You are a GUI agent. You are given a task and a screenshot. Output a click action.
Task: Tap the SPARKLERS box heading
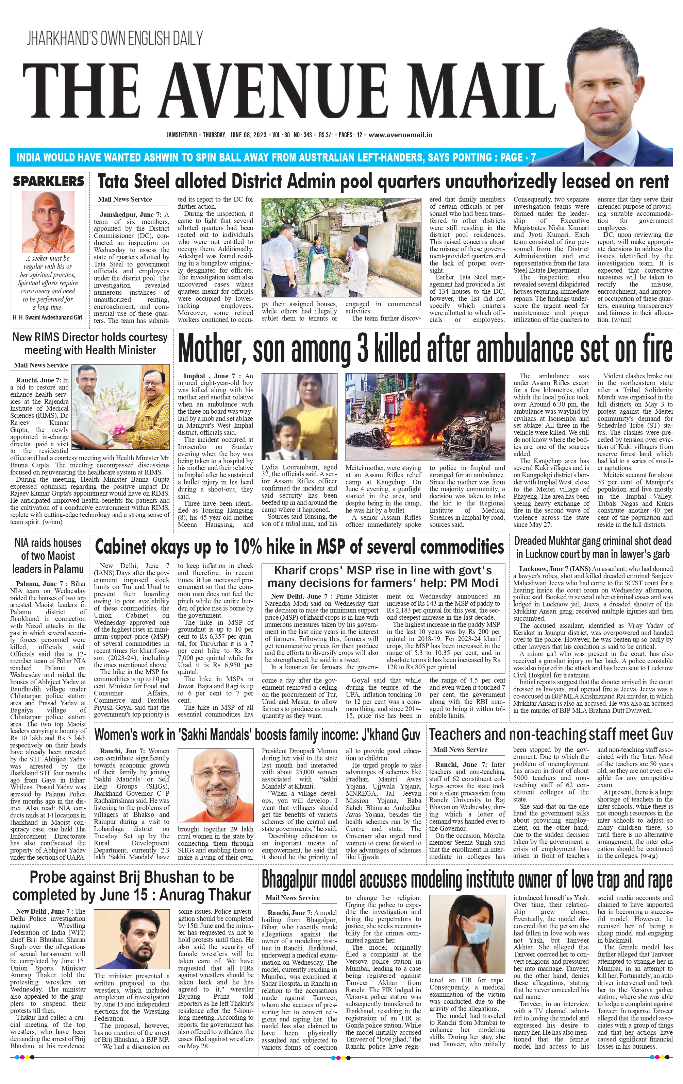pyautogui.click(x=48, y=182)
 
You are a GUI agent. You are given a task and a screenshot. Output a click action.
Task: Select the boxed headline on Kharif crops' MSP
pyautogui.click(x=383, y=577)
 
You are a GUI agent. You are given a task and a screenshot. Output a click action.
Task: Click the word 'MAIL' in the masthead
pyautogui.click(x=482, y=91)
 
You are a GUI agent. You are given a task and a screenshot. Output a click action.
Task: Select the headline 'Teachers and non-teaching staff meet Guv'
pyautogui.click(x=551, y=734)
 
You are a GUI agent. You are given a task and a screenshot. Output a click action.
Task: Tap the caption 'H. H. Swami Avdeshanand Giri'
pyautogui.click(x=47, y=318)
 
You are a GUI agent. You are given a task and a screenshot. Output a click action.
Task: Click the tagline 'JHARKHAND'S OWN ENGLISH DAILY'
pyautogui.click(x=114, y=38)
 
